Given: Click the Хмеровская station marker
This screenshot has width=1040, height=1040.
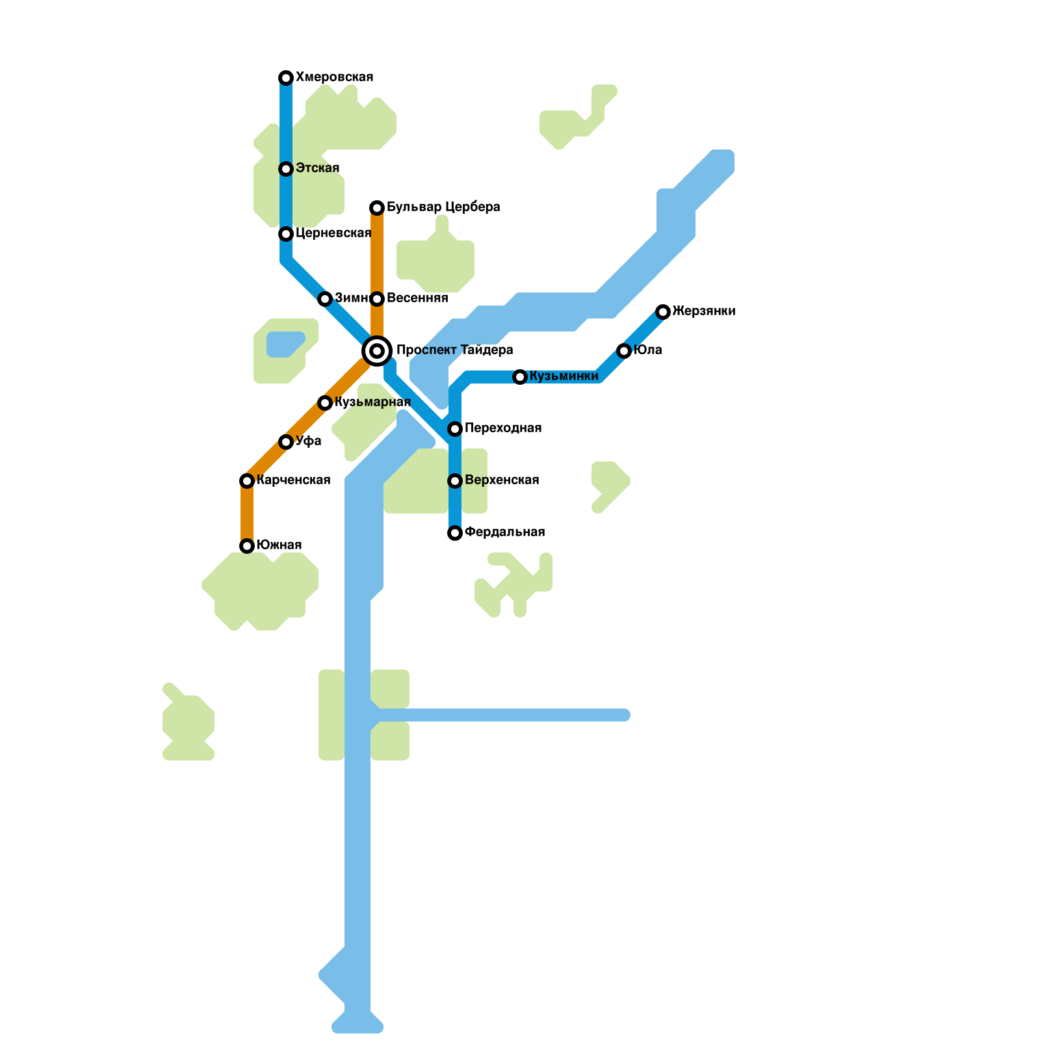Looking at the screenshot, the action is click(x=286, y=78).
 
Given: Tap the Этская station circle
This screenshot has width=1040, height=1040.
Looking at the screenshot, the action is click(x=286, y=169).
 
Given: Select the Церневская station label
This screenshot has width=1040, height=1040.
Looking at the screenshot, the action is click(x=333, y=233).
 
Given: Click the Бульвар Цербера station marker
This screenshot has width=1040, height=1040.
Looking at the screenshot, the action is click(x=377, y=208).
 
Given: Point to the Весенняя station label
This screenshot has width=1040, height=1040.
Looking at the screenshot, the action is click(x=417, y=298).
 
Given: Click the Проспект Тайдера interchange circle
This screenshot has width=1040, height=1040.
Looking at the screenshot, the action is click(x=377, y=351).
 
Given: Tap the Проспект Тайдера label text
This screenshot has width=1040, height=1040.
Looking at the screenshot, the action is click(x=454, y=350).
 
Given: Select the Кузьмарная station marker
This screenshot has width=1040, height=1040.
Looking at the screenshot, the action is click(x=325, y=403).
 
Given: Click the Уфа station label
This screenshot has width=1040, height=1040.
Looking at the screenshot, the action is click(x=309, y=441).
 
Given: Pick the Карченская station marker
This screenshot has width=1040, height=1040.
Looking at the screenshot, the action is click(x=247, y=481).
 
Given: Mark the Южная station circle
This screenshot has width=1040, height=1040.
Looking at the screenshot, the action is click(x=247, y=546).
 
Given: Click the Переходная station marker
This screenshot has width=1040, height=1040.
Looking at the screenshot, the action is click(x=455, y=429).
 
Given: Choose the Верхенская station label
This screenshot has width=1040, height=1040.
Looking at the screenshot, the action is click(x=502, y=480).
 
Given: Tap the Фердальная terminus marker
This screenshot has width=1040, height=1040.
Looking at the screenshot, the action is click(x=455, y=533).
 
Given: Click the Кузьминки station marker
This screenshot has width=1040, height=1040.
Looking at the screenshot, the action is click(x=520, y=377).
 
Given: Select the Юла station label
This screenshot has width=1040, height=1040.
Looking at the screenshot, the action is click(x=647, y=350).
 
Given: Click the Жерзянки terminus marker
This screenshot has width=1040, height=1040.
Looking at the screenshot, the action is click(x=663, y=312).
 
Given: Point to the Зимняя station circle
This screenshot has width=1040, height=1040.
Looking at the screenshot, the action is click(x=325, y=299).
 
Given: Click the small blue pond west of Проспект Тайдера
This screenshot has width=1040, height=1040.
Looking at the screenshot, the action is click(x=285, y=344).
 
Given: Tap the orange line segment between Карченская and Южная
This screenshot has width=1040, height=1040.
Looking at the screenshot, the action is click(x=247, y=513).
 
